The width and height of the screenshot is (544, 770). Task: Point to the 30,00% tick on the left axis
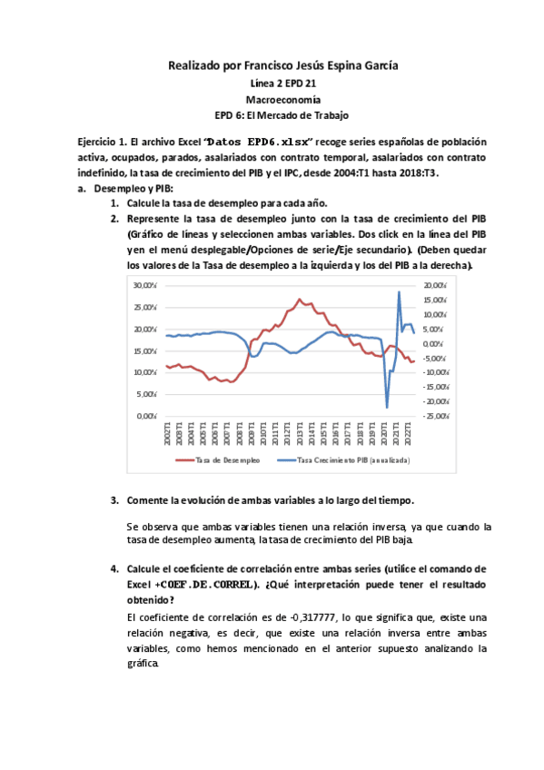pyautogui.click(x=145, y=285)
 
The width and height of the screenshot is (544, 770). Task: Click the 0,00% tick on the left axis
pyautogui.click(x=147, y=416)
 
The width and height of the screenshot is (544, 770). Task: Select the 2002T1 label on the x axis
pyautogui.click(x=167, y=437)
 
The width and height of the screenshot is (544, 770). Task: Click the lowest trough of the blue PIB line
pyautogui.click(x=387, y=408)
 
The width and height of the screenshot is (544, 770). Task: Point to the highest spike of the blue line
pyautogui.click(x=399, y=291)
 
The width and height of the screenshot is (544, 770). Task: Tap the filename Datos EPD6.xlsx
pyautogui.click(x=259, y=143)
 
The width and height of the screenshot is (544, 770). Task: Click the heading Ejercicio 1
pyautogui.click(x=102, y=143)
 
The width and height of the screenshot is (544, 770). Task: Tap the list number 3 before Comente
pyautogui.click(x=114, y=500)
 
